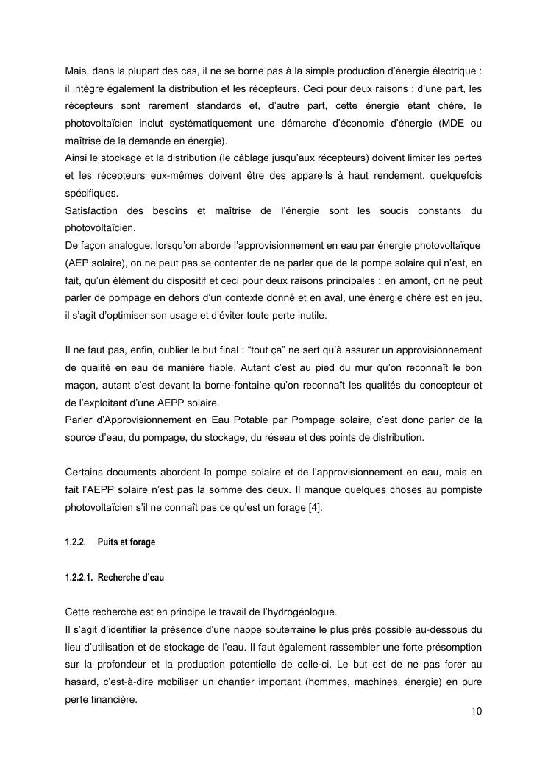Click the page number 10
tap(476, 712)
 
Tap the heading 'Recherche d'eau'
tap(131, 578)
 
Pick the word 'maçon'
tap(80, 385)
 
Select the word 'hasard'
tap(81, 682)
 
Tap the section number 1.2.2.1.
tap(79, 578)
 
